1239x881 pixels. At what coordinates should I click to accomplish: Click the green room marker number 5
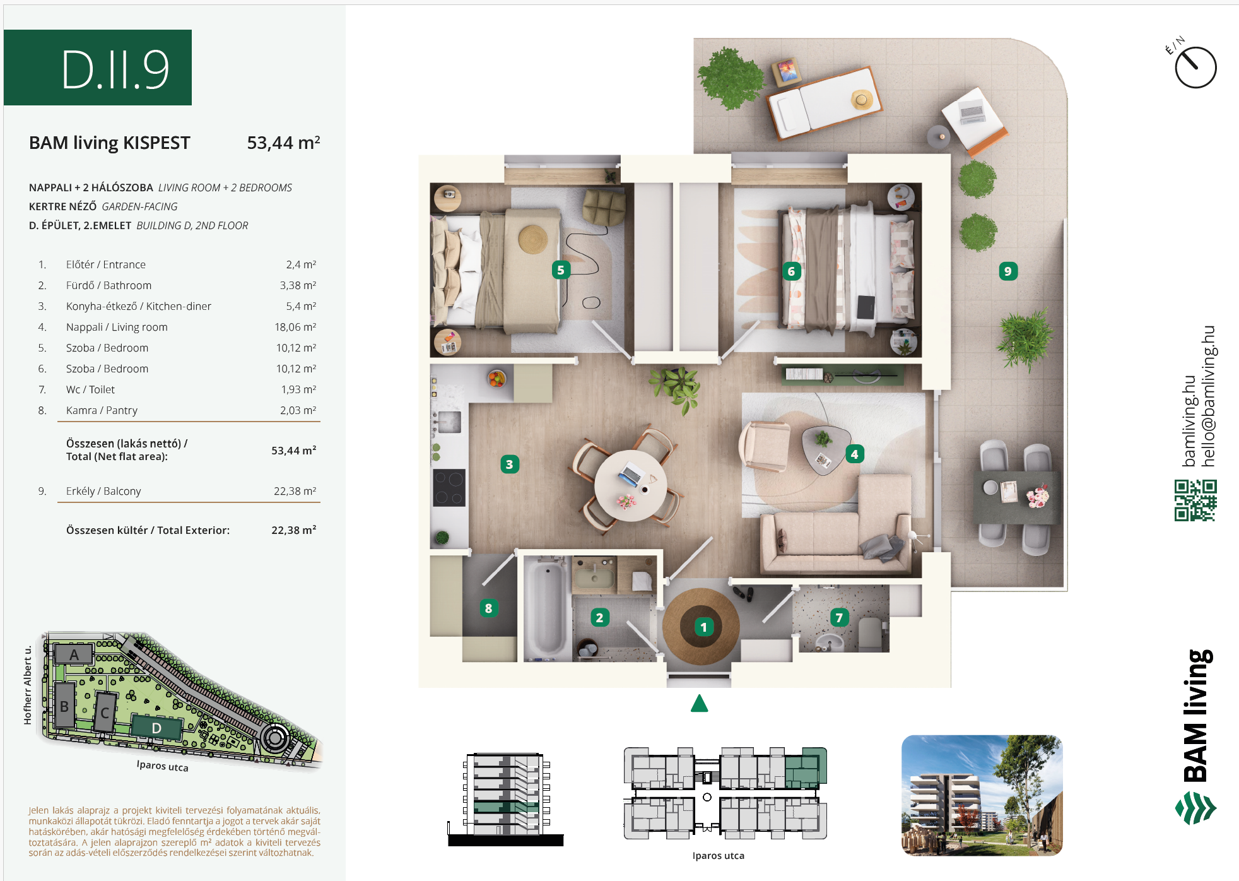[560, 270]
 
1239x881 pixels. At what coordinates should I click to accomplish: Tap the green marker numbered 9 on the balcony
[1008, 271]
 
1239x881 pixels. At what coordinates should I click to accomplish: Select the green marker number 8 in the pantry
[488, 608]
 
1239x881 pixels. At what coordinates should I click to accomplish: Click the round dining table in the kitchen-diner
[630, 485]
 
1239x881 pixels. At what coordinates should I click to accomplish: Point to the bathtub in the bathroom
[547, 608]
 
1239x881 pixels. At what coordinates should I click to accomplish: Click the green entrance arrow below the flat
[699, 703]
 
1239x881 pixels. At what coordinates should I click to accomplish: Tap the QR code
[1195, 500]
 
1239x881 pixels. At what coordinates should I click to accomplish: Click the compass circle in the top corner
[1195, 68]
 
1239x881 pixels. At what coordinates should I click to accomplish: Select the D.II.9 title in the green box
[115, 69]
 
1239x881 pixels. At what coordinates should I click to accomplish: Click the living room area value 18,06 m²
[295, 327]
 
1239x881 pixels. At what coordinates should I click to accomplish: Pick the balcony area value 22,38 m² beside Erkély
[295, 491]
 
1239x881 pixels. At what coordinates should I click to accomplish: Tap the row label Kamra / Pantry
[102, 410]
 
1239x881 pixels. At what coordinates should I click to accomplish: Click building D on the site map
[156, 728]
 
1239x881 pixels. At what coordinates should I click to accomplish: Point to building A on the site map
[74, 654]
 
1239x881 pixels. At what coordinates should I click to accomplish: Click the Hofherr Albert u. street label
[28, 685]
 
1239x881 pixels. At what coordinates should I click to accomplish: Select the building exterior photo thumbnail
[982, 795]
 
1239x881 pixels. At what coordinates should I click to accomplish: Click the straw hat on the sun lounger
[862, 99]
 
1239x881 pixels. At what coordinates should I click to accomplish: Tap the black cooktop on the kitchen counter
[449, 488]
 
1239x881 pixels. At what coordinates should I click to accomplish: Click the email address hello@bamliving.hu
[1208, 396]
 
